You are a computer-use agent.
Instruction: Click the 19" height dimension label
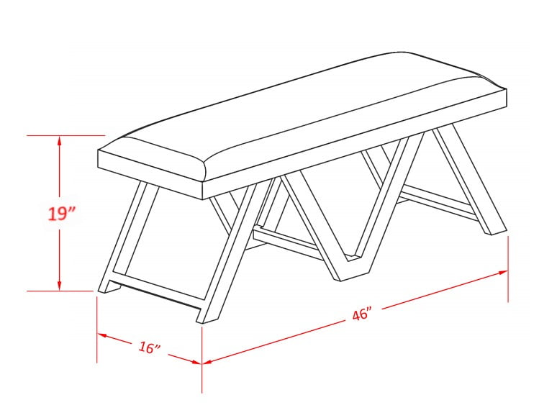tap(62, 214)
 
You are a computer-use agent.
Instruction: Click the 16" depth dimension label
tap(150, 347)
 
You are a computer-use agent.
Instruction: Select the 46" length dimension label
tap(362, 314)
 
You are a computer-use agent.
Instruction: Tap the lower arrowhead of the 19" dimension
tap(60, 285)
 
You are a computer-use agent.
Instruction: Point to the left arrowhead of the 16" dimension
tap(101, 335)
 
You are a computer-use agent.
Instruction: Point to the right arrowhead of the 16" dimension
tap(196, 361)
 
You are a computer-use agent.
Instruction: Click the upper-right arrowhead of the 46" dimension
tap(502, 273)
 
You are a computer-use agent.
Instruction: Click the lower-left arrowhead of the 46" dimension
tap(208, 361)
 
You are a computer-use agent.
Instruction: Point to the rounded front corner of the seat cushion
tap(205, 172)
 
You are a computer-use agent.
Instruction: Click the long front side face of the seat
tap(355, 144)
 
